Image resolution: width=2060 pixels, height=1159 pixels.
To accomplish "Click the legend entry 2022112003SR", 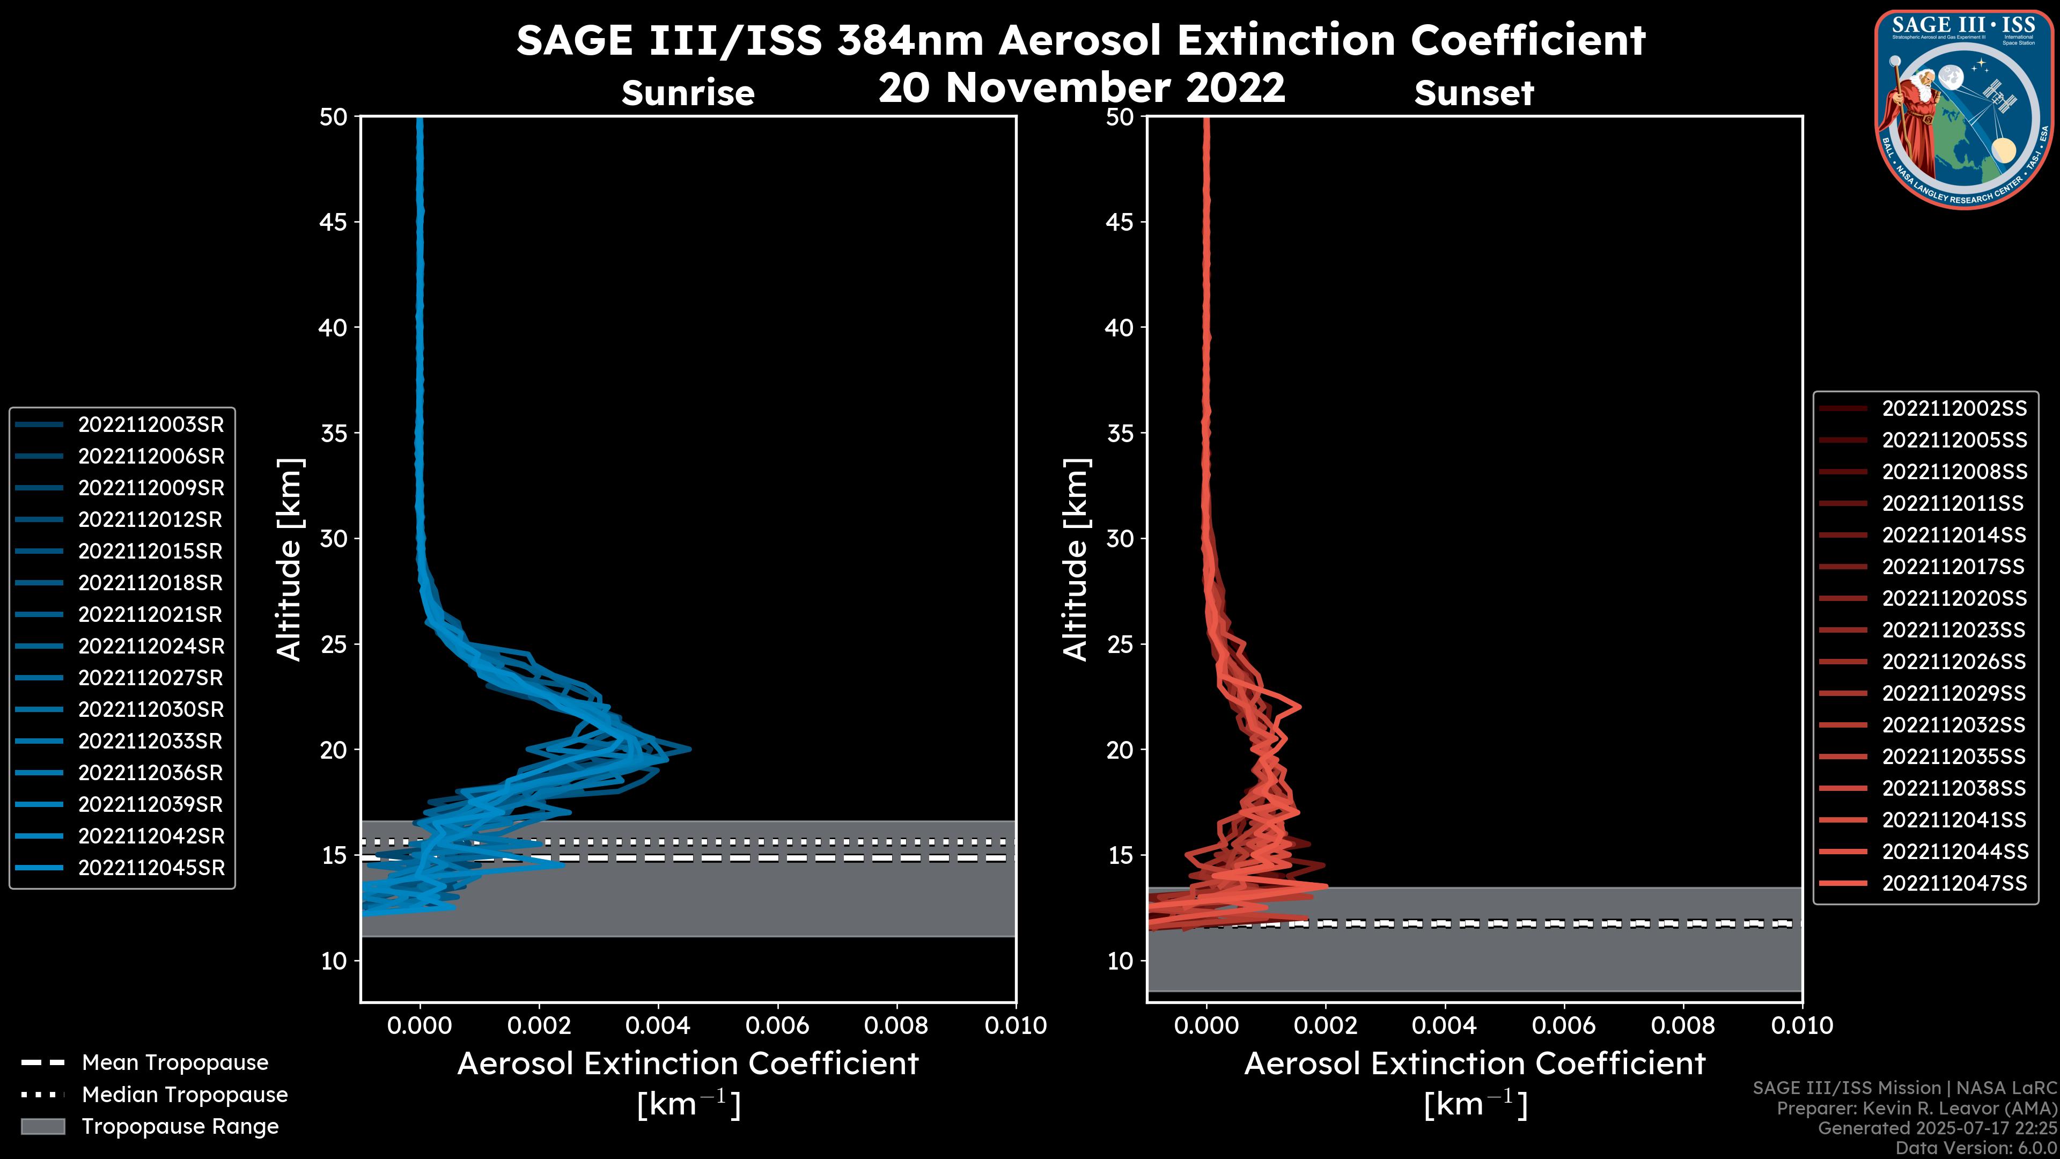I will click(x=150, y=425).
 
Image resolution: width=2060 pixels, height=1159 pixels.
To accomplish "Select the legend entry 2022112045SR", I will click(x=150, y=868).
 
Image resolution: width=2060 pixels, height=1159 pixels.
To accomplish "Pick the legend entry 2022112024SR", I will click(x=150, y=646).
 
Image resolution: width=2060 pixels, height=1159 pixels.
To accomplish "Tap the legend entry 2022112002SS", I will click(x=1954, y=409).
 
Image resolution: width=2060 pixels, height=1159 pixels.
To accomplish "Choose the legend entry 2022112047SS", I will click(x=1954, y=883).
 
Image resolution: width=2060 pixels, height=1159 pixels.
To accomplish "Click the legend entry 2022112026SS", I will click(x=1954, y=662).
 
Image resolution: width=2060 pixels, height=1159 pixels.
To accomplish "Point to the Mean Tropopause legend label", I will click(x=175, y=1063).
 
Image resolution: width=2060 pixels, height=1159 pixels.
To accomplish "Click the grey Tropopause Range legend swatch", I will click(x=42, y=1126).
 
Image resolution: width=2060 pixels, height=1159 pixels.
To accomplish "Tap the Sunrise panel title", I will click(x=688, y=93).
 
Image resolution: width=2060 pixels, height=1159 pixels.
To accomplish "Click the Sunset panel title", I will click(x=1473, y=93).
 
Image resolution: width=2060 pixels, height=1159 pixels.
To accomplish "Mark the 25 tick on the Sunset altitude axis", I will click(x=1120, y=644).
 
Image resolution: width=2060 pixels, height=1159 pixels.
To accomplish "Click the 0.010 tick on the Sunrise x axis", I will click(x=1015, y=1025).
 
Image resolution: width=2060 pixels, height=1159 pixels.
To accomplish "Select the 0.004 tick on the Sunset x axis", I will click(x=1444, y=1025).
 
